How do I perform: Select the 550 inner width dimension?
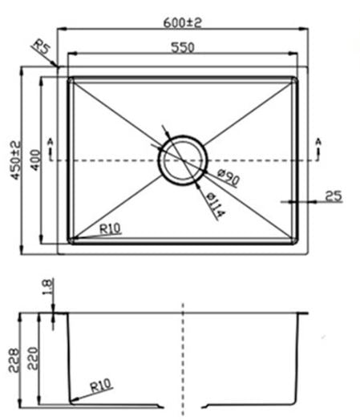(x=183, y=47)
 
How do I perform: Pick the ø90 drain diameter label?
(x=227, y=178)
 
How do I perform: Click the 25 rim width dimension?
(x=334, y=195)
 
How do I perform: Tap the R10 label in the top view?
(x=110, y=229)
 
